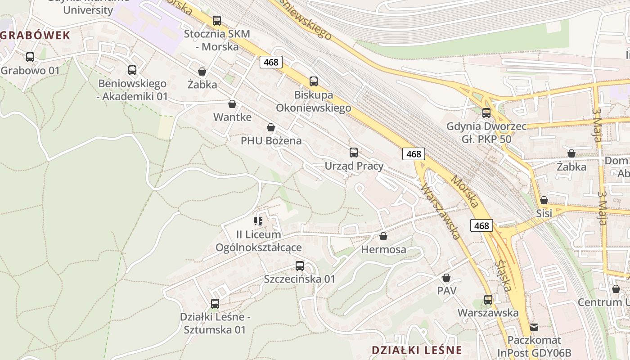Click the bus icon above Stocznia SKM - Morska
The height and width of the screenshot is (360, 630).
(217, 20)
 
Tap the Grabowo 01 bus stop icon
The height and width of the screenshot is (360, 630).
(30, 57)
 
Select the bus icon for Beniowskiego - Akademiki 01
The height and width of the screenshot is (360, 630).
(132, 70)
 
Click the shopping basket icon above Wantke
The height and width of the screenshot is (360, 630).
(232, 104)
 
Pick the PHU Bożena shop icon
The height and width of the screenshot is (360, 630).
(271, 127)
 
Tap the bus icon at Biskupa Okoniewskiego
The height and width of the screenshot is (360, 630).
(314, 81)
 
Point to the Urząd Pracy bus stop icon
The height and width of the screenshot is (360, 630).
(354, 153)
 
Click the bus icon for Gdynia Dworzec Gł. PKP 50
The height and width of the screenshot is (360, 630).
(486, 113)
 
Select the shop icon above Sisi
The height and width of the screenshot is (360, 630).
(544, 200)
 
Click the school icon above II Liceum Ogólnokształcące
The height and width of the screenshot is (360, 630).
(258, 221)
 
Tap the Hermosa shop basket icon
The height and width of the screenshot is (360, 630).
(383, 236)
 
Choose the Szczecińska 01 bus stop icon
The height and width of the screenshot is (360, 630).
(300, 266)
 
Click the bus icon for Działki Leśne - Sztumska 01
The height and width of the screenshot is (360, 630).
(215, 304)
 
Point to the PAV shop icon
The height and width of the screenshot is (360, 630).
(446, 278)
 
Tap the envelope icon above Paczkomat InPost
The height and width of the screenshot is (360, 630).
(534, 327)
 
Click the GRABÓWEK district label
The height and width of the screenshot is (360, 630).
(35, 36)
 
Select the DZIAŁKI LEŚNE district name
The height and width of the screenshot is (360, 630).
(417, 350)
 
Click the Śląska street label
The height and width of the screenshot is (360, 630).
(503, 275)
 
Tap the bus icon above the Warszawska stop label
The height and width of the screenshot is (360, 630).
(488, 299)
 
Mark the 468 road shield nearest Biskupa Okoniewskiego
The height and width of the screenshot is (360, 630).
(271, 62)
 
